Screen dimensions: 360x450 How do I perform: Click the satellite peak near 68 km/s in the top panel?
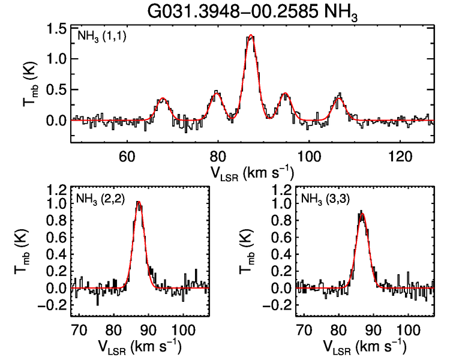pyautogui.click(x=162, y=98)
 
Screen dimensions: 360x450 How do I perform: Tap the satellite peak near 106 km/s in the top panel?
pyautogui.click(x=340, y=96)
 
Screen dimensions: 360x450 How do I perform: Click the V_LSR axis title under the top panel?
pyautogui.click(x=251, y=172)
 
